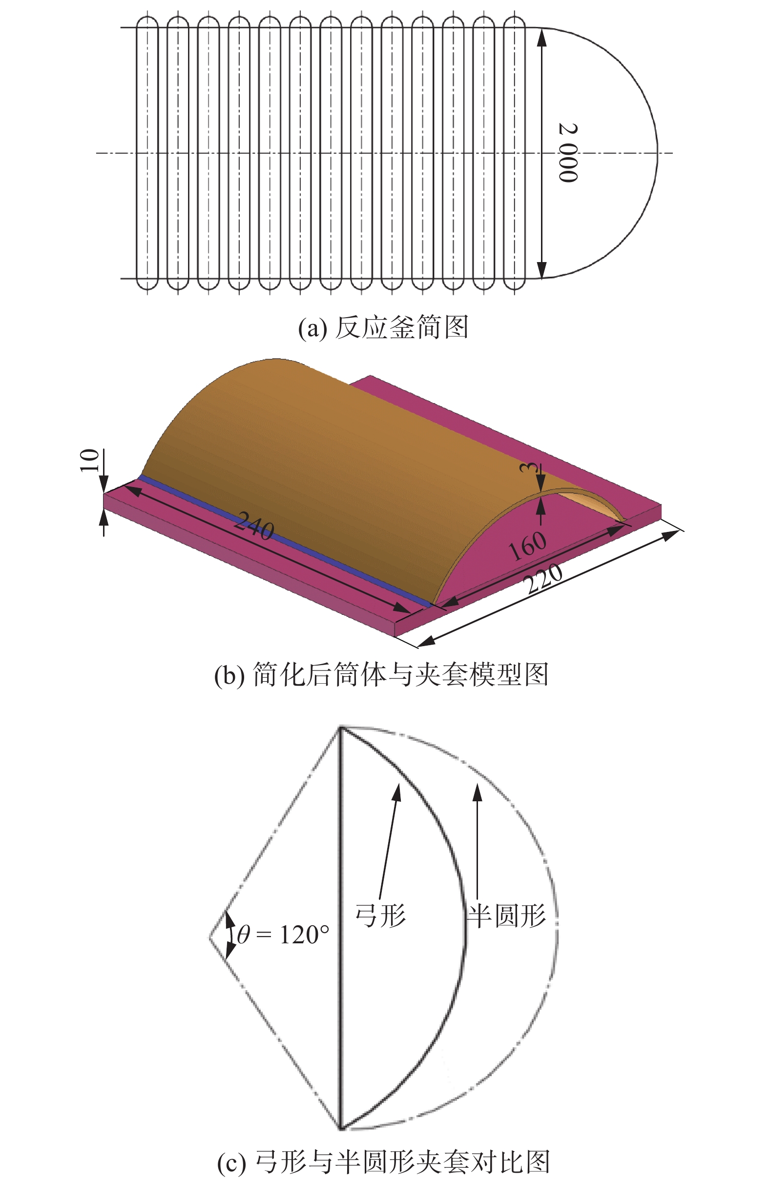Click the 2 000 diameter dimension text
coord(567,153)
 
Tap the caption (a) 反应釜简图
coord(383,327)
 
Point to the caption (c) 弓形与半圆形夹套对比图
coord(383,1160)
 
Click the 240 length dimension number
coord(254,526)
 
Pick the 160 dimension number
coord(527,546)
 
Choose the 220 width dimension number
coord(544,578)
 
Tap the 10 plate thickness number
coord(90,460)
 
